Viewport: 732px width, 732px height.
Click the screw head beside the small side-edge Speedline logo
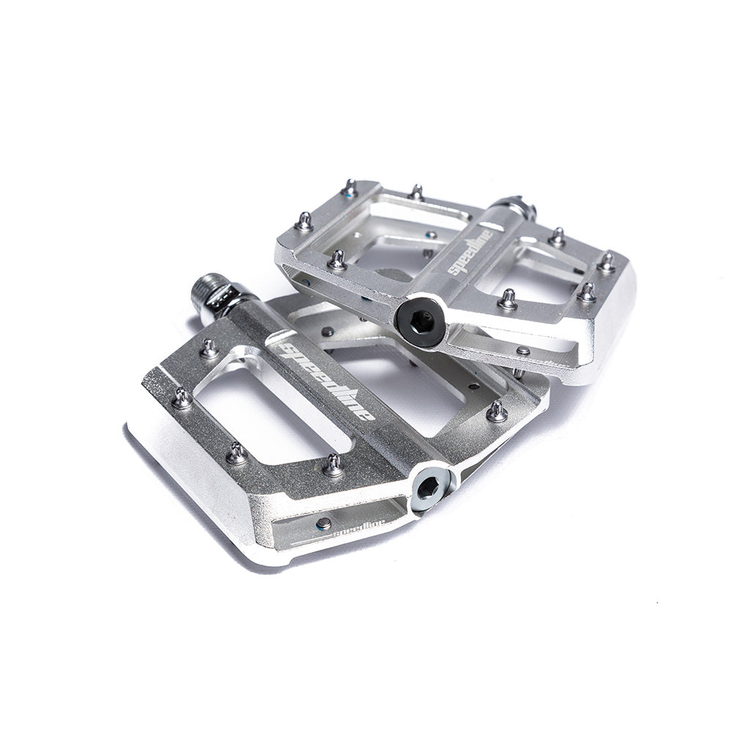click(x=323, y=523)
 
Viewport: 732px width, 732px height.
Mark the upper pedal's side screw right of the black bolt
click(x=523, y=351)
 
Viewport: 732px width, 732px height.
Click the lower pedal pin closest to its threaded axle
click(x=209, y=346)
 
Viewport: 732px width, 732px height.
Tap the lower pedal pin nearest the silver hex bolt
click(x=333, y=463)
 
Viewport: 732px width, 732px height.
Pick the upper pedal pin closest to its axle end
click(x=557, y=236)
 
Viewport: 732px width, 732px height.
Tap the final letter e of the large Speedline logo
click(x=370, y=415)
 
